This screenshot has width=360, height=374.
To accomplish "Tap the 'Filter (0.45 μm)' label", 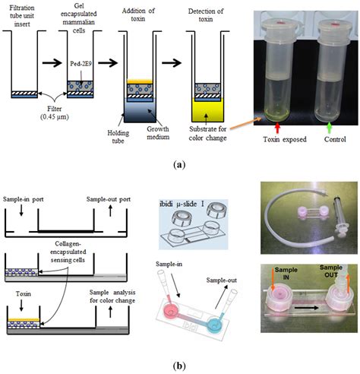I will [51, 121].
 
